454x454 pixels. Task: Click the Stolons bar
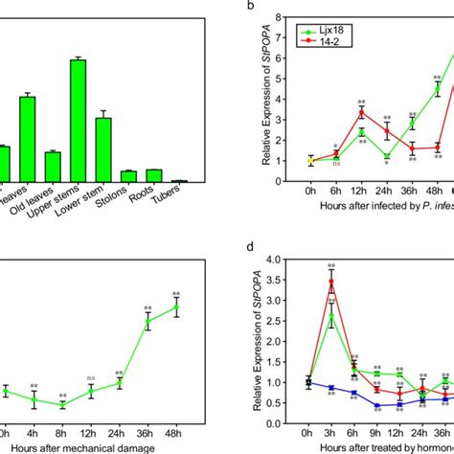click(128, 176)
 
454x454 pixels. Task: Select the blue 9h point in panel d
click(376, 405)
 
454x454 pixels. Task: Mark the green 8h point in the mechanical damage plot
click(62, 405)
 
